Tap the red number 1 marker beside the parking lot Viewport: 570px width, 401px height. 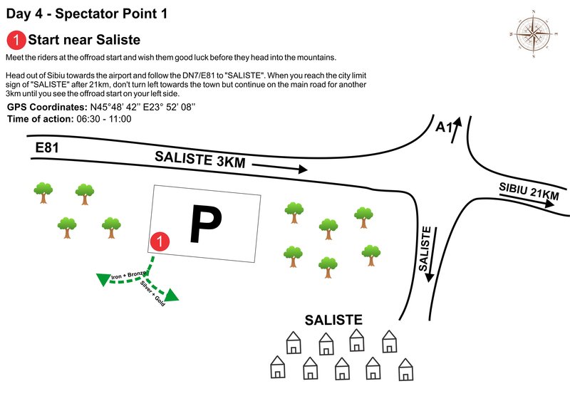(x=161, y=242)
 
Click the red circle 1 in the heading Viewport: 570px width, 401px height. (x=15, y=40)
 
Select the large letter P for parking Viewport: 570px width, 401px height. (x=206, y=224)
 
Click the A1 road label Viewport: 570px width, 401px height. (x=444, y=127)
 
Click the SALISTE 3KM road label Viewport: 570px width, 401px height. (x=200, y=159)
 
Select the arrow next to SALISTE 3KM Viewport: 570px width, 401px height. (x=279, y=168)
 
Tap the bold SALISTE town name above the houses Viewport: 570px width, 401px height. (x=333, y=321)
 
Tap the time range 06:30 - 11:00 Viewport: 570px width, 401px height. (x=103, y=118)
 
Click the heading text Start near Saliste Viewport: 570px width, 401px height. (x=83, y=40)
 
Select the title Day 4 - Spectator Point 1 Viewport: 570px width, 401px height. (x=88, y=13)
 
